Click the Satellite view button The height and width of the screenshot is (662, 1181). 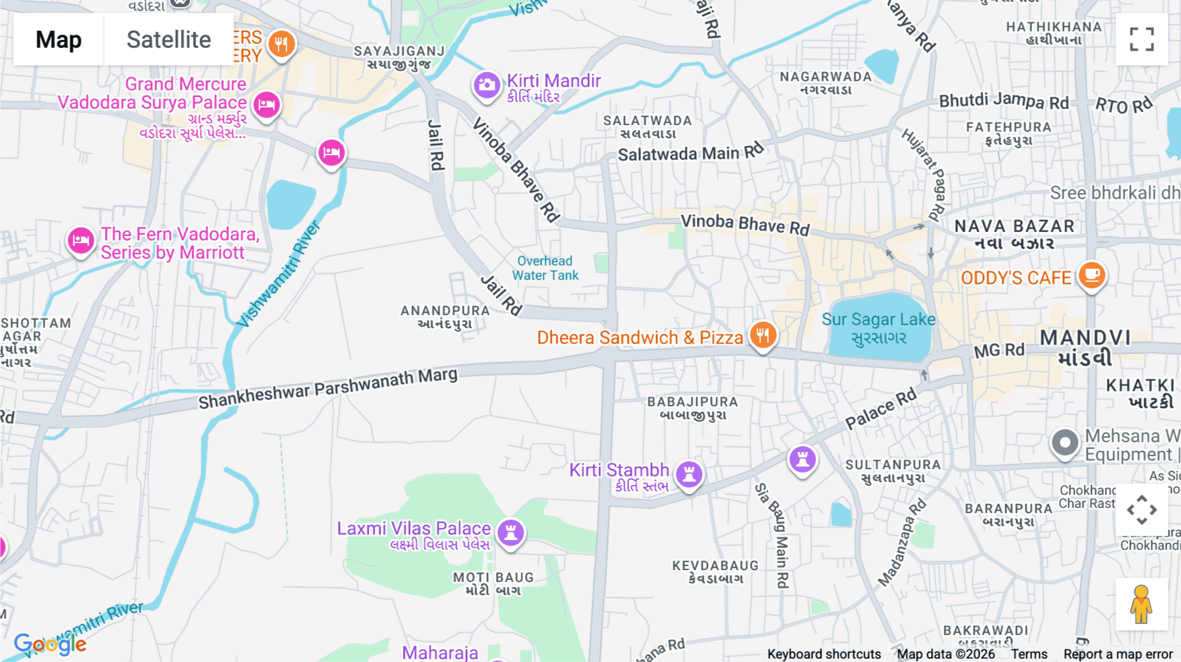pos(169,40)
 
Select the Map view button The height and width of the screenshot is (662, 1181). pos(58,40)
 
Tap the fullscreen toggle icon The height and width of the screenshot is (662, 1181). pos(1142,39)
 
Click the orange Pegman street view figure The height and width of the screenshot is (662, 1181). pos(1141,604)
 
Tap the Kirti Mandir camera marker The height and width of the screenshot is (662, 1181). pos(487,85)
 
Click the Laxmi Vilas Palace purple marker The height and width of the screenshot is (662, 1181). pos(510,532)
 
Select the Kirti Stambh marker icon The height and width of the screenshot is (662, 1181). pos(689,473)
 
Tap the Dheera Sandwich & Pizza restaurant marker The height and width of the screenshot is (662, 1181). pos(762,336)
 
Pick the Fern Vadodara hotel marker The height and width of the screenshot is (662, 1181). pos(81,241)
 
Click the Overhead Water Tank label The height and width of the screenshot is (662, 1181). pos(545,268)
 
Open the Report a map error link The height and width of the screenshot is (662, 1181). pos(1118,654)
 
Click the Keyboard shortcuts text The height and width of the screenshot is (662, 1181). pos(824,654)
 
